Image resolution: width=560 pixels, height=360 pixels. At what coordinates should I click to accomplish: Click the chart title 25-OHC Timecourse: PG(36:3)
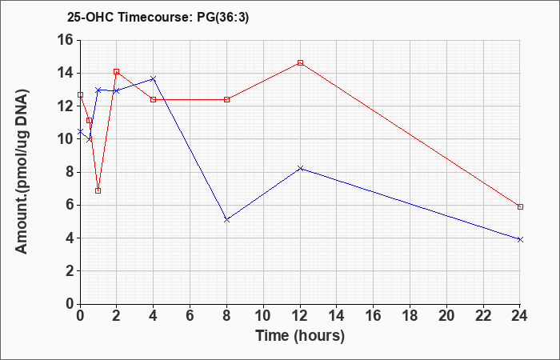(x=158, y=18)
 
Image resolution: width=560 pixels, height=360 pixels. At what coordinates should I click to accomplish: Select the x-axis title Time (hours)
(x=300, y=336)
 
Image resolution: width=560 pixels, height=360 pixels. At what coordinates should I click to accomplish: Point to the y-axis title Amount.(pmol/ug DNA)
(x=22, y=171)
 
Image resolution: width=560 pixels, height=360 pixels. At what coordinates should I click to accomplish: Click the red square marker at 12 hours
(x=300, y=63)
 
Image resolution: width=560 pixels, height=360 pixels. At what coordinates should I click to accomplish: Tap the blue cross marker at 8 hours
(x=226, y=220)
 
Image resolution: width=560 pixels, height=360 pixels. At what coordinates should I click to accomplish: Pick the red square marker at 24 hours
(x=520, y=206)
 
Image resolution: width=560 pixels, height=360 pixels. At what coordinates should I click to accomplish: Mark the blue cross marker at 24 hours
(x=520, y=240)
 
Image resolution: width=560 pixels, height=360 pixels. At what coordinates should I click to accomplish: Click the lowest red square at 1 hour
(x=98, y=190)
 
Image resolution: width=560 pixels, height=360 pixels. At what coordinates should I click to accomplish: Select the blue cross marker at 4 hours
(x=154, y=78)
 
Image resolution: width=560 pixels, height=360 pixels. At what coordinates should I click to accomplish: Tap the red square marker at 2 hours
(x=117, y=72)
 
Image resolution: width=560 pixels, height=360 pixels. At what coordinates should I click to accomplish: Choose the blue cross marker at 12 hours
(x=300, y=168)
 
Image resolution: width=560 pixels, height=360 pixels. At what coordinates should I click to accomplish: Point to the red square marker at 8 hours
(x=226, y=100)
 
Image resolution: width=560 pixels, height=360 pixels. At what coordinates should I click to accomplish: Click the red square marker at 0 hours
(x=80, y=95)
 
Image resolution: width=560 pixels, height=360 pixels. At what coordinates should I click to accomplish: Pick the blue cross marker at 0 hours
(x=80, y=131)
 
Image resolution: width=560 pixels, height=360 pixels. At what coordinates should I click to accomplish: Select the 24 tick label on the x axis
(x=520, y=316)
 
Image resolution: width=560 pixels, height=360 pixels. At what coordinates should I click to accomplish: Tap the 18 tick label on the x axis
(x=410, y=316)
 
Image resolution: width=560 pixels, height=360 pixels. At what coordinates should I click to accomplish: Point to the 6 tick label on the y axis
(x=69, y=205)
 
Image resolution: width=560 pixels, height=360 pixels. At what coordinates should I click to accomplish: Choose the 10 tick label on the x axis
(x=263, y=316)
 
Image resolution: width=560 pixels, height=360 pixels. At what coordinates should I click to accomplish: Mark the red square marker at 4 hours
(x=154, y=100)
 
